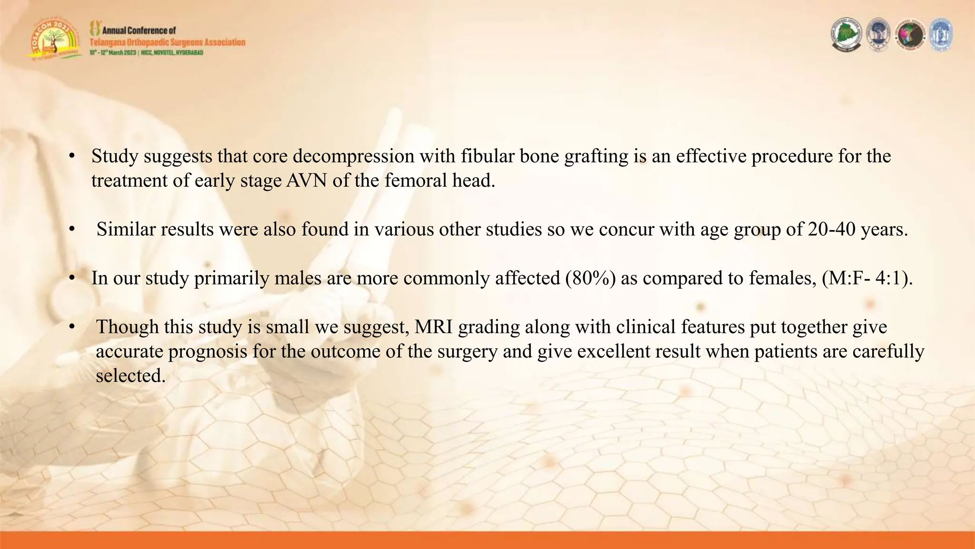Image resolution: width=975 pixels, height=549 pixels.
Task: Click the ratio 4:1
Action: point(889,278)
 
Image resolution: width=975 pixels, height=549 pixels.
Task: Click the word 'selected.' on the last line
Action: point(130,376)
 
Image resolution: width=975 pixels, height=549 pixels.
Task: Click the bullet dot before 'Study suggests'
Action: point(72,157)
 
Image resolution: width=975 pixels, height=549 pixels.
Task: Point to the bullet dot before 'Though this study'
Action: point(72,327)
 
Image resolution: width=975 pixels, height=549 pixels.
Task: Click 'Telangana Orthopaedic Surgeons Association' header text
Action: point(168,42)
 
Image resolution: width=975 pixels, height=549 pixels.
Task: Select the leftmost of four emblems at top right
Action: point(846,34)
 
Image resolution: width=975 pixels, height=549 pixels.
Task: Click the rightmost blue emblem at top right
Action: point(940,34)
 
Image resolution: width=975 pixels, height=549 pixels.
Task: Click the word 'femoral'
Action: point(409,181)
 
